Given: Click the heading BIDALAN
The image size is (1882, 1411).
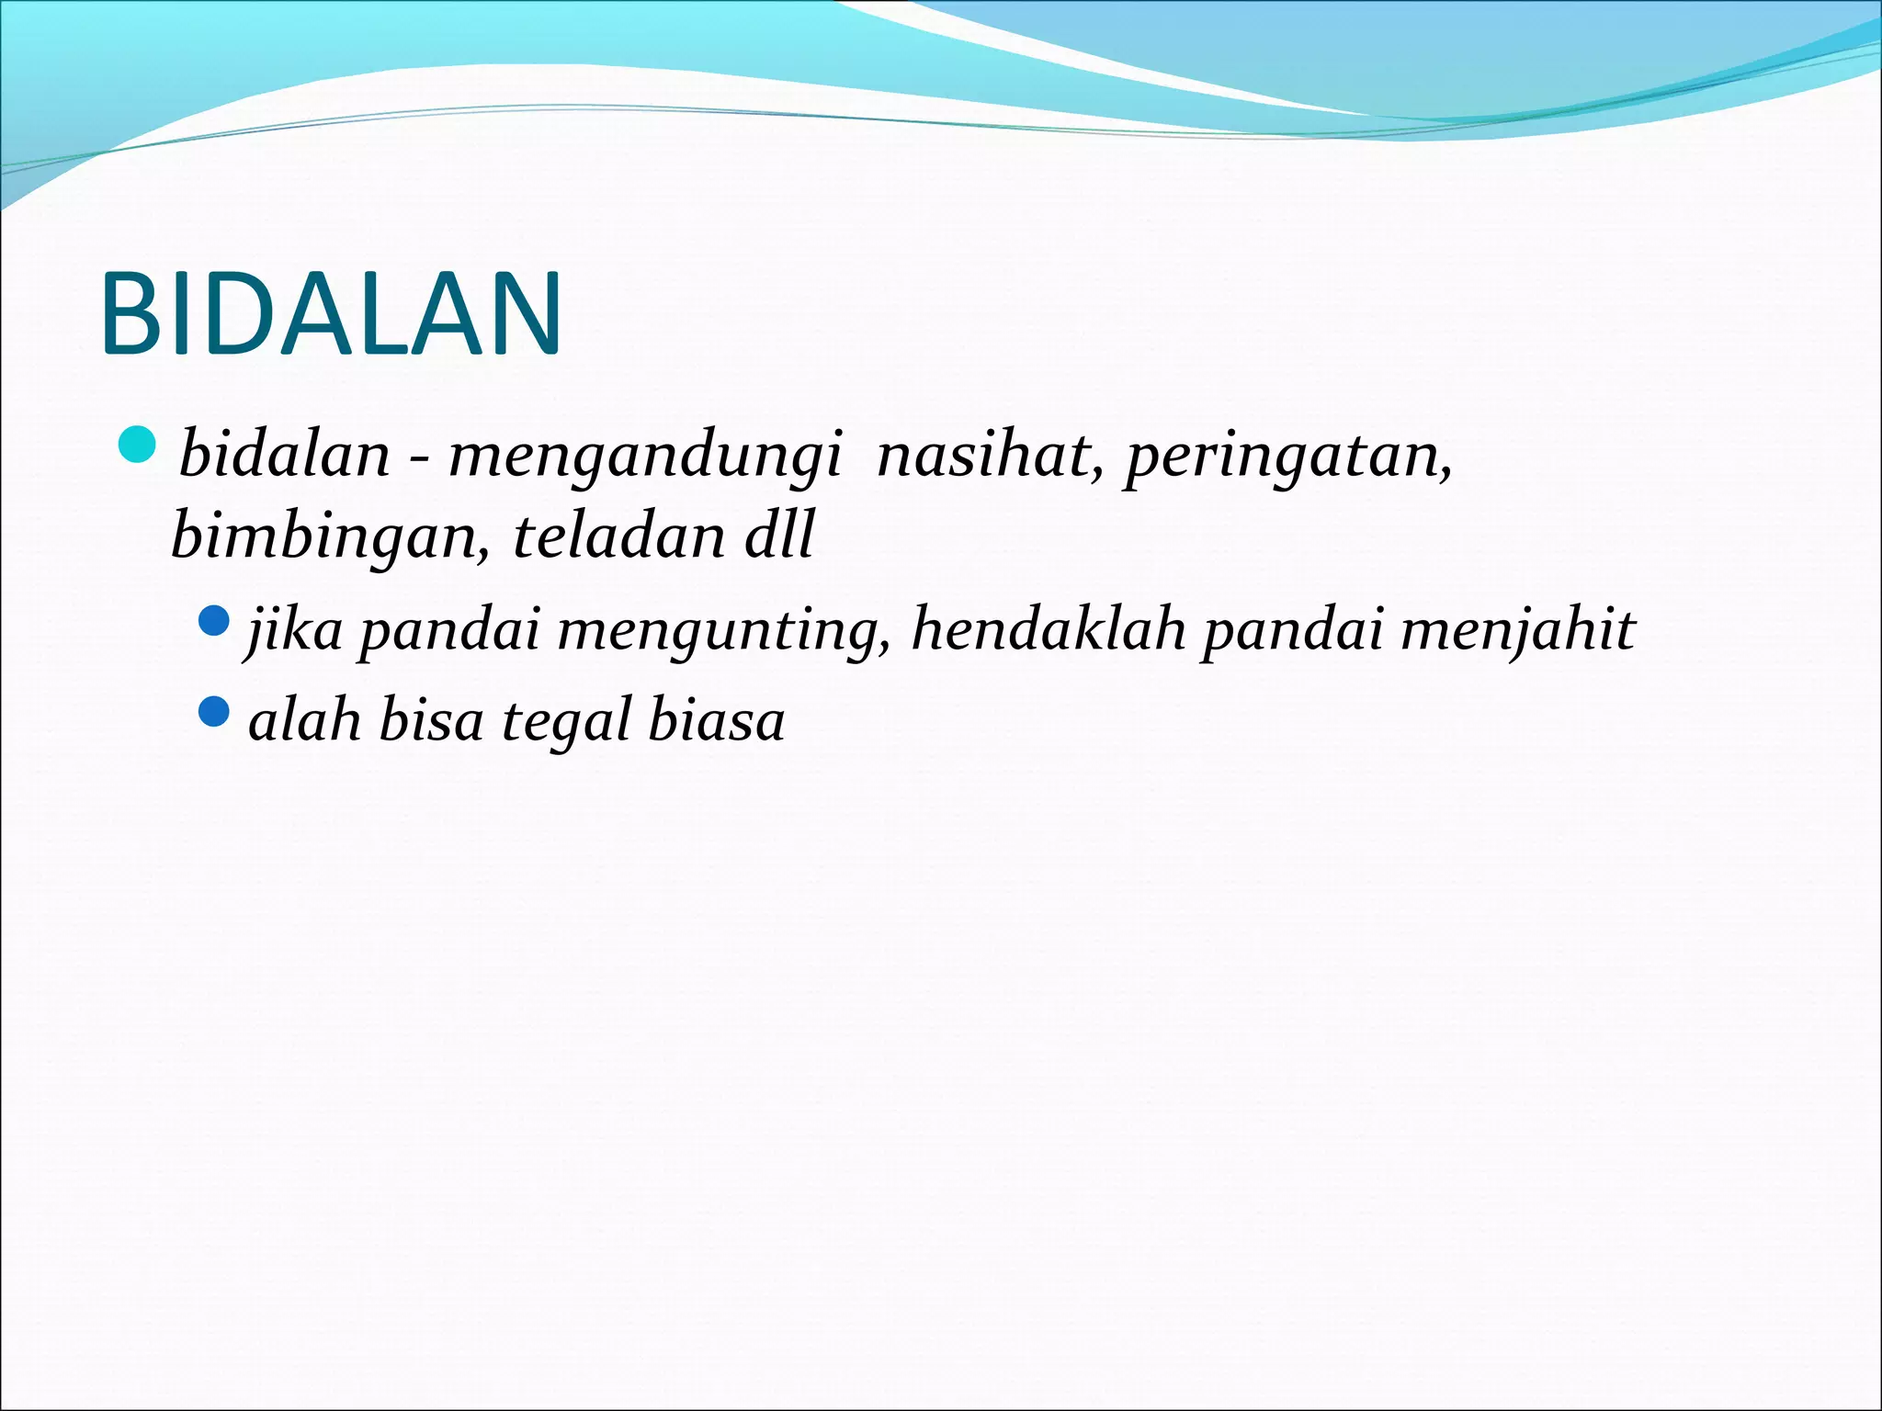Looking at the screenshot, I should [331, 313].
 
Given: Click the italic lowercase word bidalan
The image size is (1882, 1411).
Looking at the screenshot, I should [285, 455].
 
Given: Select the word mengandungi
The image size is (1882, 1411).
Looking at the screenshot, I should [644, 457].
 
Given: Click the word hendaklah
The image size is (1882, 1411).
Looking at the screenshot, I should [1049, 630].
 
